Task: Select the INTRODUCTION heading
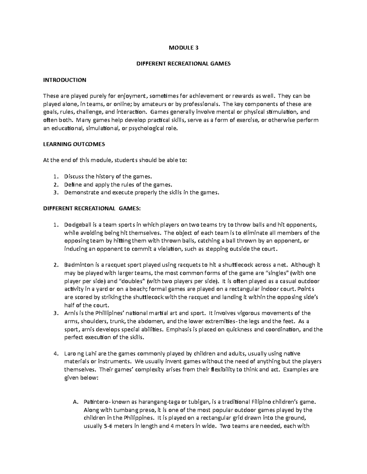(x=65, y=80)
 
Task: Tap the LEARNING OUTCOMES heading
(x=74, y=144)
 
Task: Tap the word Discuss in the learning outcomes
(x=74, y=176)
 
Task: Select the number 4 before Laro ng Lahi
(x=55, y=354)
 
